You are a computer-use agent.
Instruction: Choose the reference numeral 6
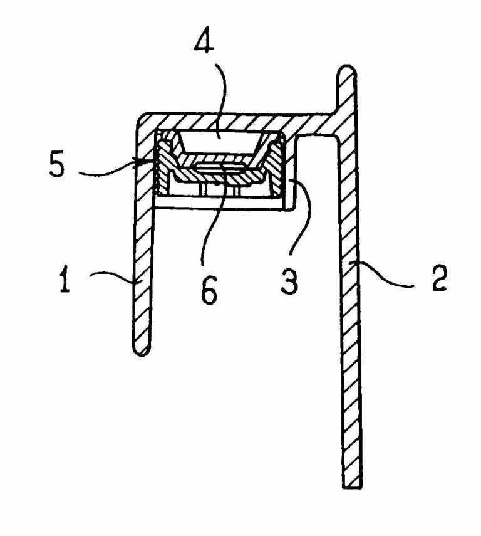point(208,290)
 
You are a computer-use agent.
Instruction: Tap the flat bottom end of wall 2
point(353,484)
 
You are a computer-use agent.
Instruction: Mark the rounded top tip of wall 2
point(346,70)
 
